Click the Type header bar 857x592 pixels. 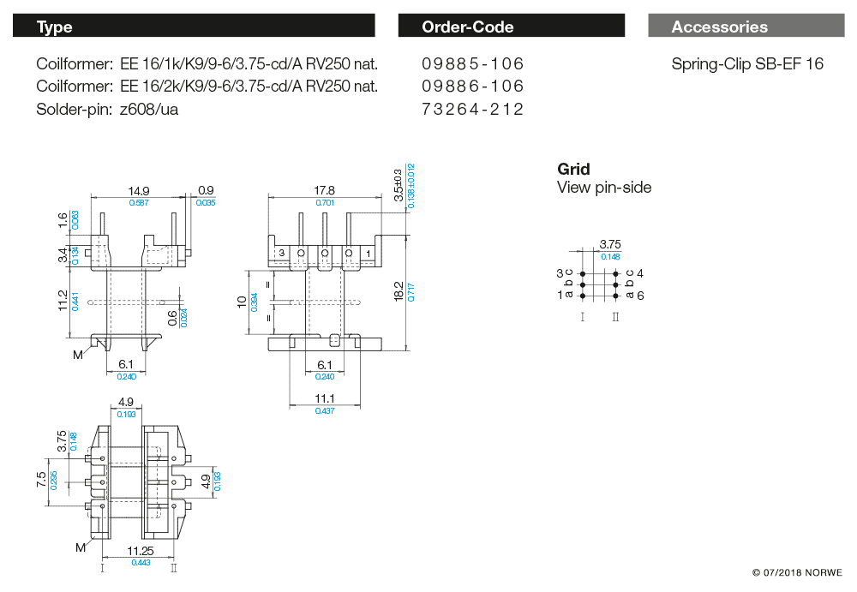194,27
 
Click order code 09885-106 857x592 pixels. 472,64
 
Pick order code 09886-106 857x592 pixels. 472,87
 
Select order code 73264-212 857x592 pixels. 472,109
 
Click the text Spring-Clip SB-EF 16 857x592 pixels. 747,64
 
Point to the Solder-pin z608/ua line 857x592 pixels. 107,109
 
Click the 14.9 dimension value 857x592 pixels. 139,190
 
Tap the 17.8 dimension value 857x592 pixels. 324,190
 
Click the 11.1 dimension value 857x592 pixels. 324,398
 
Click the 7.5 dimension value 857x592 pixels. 41,478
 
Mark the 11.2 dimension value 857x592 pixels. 62,301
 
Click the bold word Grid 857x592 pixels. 573,170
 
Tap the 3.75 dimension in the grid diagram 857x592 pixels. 610,244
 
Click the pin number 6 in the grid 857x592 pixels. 640,295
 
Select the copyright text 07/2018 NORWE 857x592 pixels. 797,572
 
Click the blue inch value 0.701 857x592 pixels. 325,203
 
